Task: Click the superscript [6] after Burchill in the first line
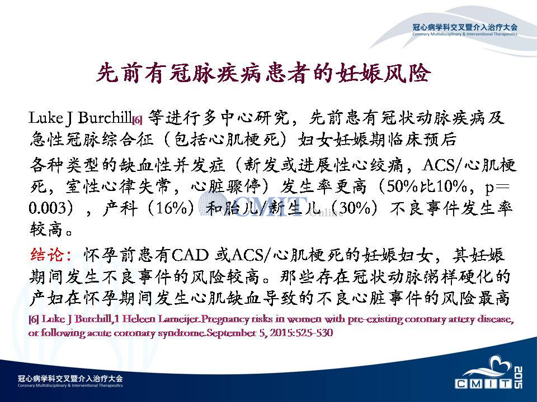[138, 121]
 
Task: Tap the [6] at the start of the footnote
[34, 319]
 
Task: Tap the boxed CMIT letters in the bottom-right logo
[483, 384]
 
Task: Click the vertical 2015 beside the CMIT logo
[518, 377]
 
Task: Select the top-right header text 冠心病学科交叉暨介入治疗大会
[465, 27]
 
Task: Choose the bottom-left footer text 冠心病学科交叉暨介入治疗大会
[70, 379]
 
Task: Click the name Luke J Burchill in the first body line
[81, 118]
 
